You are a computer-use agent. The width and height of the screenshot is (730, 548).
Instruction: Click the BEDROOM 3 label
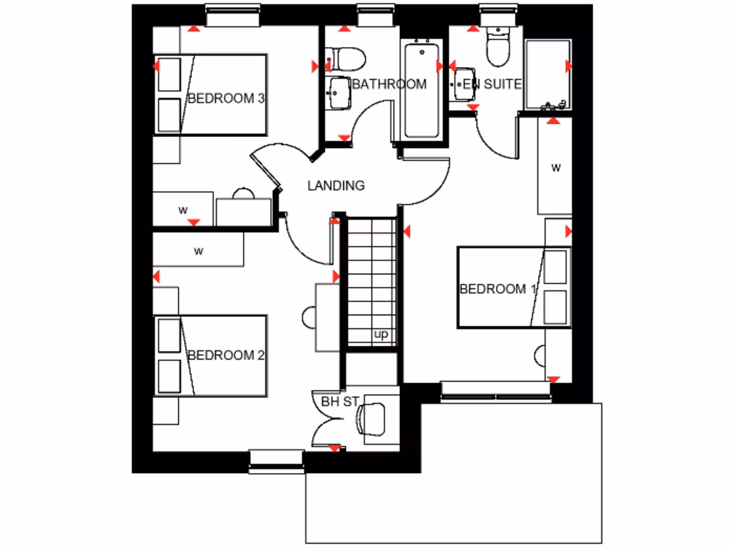225,98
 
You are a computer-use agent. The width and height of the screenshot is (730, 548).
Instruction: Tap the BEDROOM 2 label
225,355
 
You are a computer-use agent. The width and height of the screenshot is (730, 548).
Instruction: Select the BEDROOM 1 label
498,289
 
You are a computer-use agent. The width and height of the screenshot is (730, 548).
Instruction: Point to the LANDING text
336,186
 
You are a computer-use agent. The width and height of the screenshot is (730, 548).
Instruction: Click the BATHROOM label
390,84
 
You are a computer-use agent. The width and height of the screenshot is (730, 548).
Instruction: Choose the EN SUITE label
492,84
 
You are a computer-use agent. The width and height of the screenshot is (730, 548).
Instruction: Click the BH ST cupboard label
339,402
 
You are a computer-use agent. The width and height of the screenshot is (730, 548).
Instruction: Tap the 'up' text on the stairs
381,335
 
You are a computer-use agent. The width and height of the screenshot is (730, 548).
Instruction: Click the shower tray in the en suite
547,75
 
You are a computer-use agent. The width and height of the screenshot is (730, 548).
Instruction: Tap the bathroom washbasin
338,92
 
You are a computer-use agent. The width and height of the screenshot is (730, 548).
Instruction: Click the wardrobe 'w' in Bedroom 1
555,168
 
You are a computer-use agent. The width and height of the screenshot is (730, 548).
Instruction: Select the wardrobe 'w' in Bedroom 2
199,251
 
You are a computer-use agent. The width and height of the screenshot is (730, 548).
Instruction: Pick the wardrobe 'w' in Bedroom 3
183,210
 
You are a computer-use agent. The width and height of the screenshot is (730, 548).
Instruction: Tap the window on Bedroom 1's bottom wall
495,390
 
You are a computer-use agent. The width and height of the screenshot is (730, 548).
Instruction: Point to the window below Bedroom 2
277,461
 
